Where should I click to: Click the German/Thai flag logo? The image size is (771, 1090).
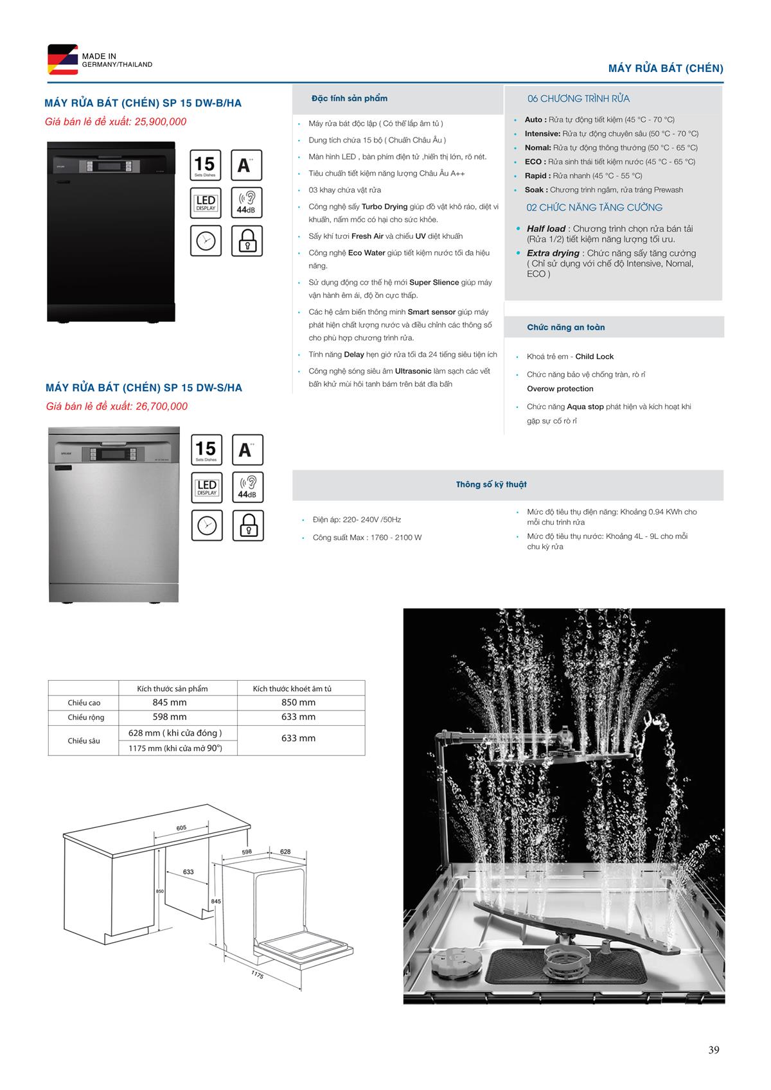62,60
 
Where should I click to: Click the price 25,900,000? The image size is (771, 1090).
161,122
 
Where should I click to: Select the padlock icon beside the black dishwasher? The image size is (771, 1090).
247,242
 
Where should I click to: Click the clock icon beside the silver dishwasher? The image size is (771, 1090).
207,526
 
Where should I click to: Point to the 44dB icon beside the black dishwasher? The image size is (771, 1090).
247,202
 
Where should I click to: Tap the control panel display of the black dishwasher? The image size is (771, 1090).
106,166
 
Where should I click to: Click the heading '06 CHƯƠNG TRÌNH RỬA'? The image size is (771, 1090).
578,99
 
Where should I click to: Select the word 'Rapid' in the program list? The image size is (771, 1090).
536,176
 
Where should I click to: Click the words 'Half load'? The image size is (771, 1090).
546,229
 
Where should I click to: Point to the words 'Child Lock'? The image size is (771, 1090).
594,356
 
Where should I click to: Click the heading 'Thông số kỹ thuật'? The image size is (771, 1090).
491,485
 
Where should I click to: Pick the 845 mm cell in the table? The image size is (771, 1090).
170,703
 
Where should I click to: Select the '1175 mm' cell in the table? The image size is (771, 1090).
175,748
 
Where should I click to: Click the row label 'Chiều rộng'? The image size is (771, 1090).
86,717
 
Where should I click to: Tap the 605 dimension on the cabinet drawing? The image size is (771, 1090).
181,828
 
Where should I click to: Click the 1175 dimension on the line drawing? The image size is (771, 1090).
258,975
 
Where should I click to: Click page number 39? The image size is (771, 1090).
714,1050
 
